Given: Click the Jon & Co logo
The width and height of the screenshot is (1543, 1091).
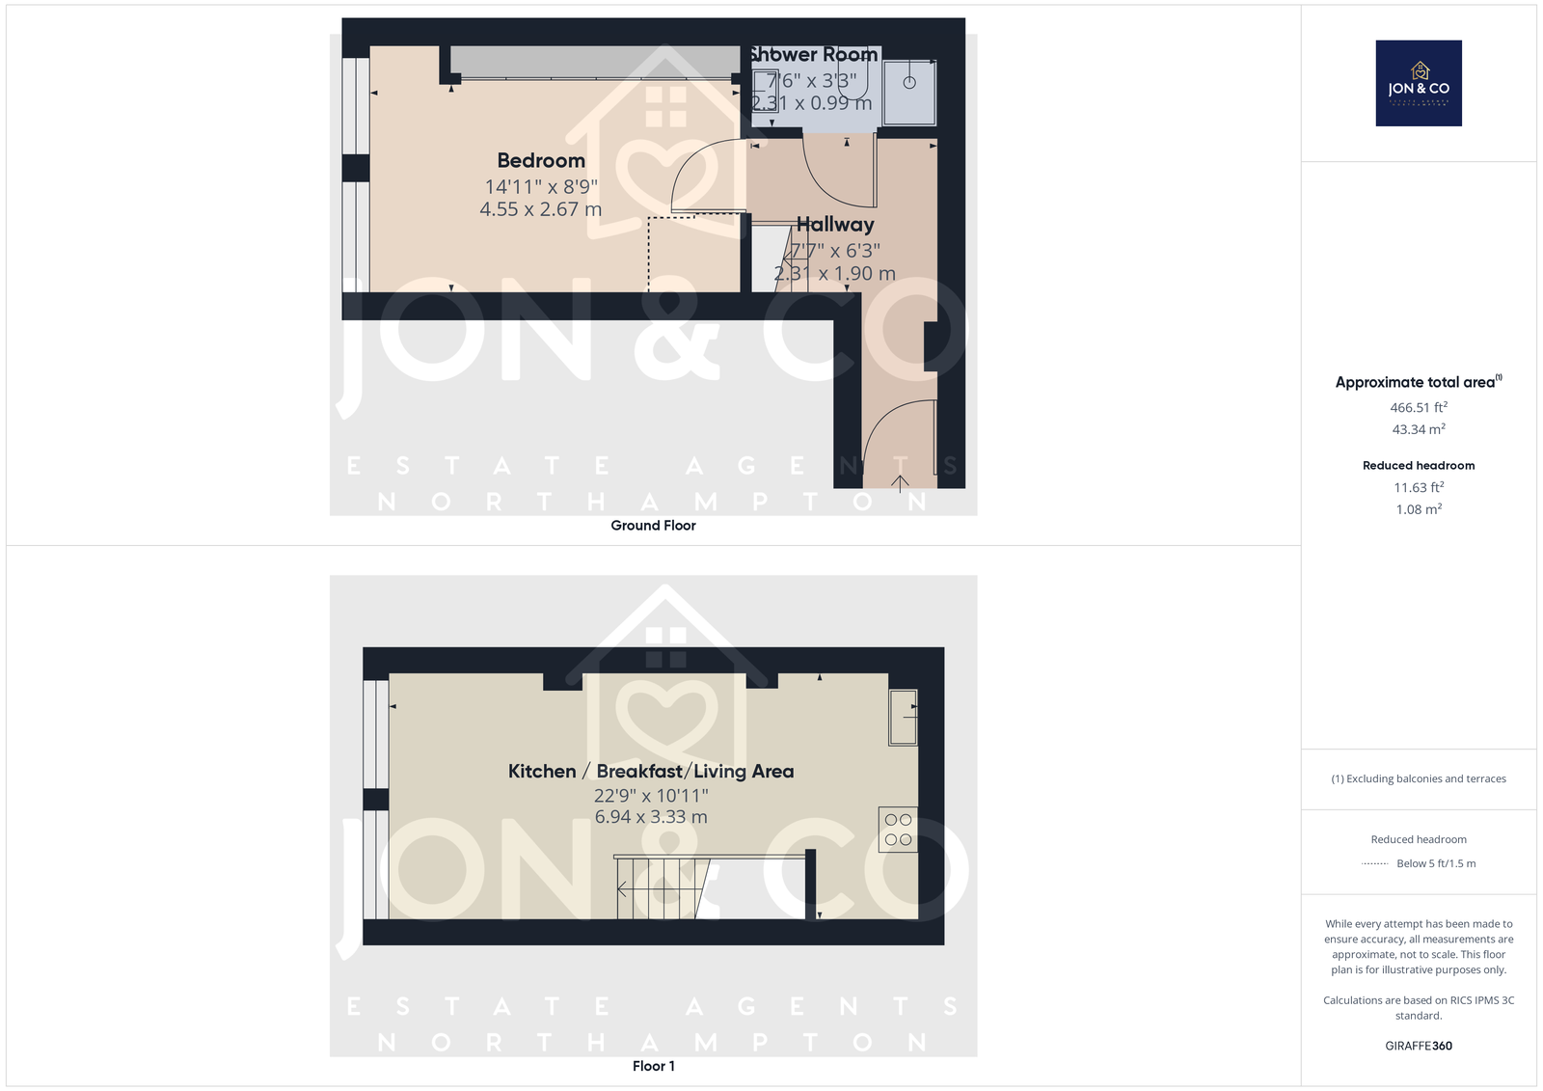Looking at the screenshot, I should pos(1418,83).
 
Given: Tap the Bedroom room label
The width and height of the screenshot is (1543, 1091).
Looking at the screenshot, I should pos(541,161).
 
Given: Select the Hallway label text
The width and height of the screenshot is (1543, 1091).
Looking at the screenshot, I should pos(835,225).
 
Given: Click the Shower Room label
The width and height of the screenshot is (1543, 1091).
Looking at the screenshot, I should pos(814,55).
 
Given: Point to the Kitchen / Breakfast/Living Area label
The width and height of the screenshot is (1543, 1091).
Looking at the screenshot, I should pos(651,772).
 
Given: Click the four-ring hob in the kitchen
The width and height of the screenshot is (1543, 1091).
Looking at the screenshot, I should pos(898,830).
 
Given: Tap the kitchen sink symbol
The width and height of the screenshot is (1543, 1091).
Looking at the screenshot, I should pos(903,717).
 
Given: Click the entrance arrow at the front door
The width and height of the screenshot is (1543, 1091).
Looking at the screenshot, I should pos(900,483).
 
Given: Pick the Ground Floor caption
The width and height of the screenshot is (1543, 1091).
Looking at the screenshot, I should pos(653,526).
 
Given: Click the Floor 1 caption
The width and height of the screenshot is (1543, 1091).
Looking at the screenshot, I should pos(653,1066).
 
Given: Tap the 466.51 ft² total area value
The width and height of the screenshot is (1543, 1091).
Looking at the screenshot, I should pos(1418,408).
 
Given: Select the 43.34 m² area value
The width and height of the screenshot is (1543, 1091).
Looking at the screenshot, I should pos(1418,430).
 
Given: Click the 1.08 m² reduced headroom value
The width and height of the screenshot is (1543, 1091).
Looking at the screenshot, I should pos(1418,509).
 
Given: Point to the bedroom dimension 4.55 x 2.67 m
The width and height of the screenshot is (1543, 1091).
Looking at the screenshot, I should pos(540,209).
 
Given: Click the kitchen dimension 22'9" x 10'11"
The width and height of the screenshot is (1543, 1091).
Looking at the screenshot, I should pos(651,796).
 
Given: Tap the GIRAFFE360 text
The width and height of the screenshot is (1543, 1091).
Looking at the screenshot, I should pos(1418,1046).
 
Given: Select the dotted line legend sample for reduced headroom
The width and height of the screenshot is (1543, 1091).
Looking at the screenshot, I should pos(1374,864).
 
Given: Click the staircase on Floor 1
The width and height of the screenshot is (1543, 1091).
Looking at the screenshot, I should pos(660,887).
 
